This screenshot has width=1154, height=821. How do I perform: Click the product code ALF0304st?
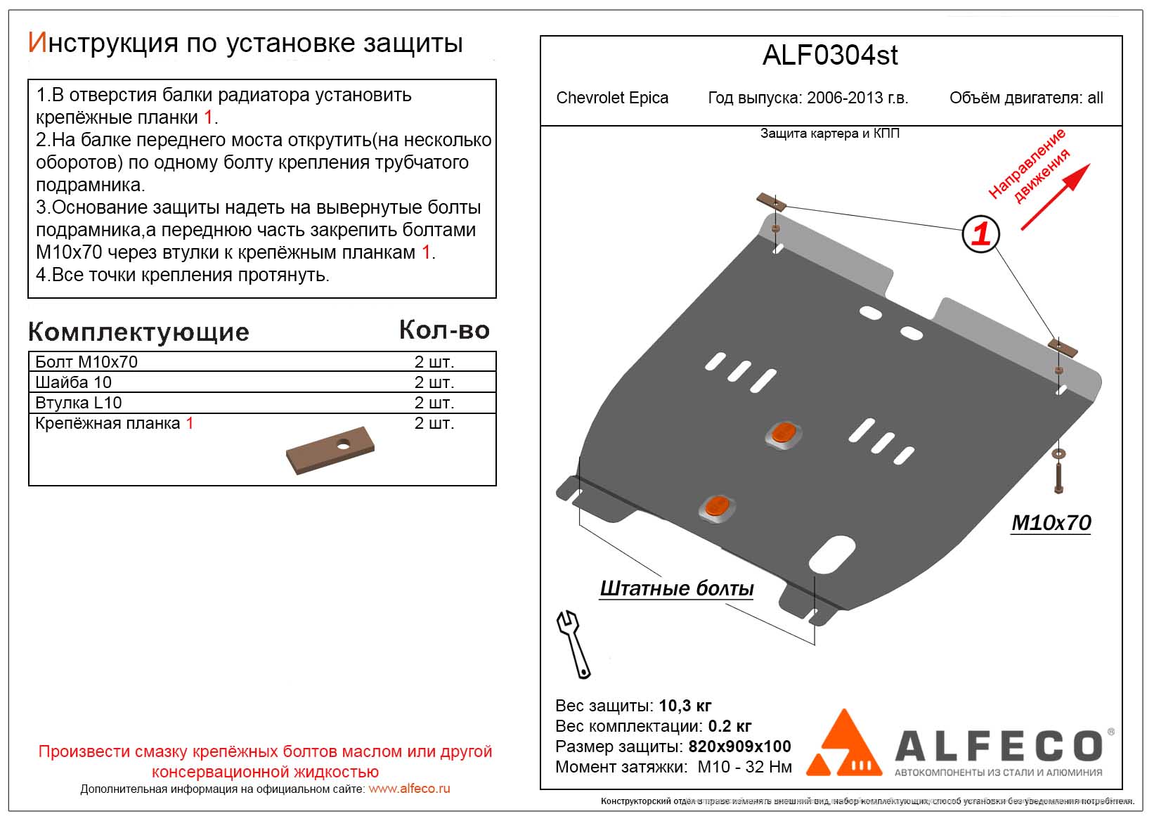pyautogui.click(x=830, y=56)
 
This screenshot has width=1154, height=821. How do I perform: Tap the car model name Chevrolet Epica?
pyautogui.click(x=612, y=98)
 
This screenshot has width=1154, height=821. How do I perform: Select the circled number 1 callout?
pyautogui.click(x=980, y=233)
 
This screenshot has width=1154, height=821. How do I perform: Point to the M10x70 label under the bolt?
pyautogui.click(x=1051, y=523)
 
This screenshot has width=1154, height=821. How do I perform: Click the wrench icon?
pyautogui.click(x=573, y=644)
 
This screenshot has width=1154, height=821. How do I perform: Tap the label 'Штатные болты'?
pyautogui.click(x=676, y=588)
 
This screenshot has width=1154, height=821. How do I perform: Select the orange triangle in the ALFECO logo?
pyautogui.click(x=843, y=744)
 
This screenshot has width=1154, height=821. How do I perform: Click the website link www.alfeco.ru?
pyautogui.click(x=409, y=789)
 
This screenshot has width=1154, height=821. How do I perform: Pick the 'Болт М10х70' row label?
pyautogui.click(x=86, y=362)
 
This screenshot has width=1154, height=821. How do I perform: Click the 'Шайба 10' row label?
pyautogui.click(x=73, y=382)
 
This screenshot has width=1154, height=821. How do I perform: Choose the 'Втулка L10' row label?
pyautogui.click(x=78, y=403)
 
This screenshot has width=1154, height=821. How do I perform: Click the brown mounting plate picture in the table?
pyautogui.click(x=330, y=451)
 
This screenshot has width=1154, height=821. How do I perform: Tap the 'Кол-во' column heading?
pyautogui.click(x=444, y=330)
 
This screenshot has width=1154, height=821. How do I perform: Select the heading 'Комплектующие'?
pyautogui.click(x=138, y=332)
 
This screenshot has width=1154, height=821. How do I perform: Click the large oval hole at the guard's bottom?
pyautogui.click(x=831, y=554)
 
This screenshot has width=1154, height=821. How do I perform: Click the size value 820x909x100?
pyautogui.click(x=739, y=746)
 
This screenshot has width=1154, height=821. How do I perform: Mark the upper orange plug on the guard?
pyautogui.click(x=783, y=434)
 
